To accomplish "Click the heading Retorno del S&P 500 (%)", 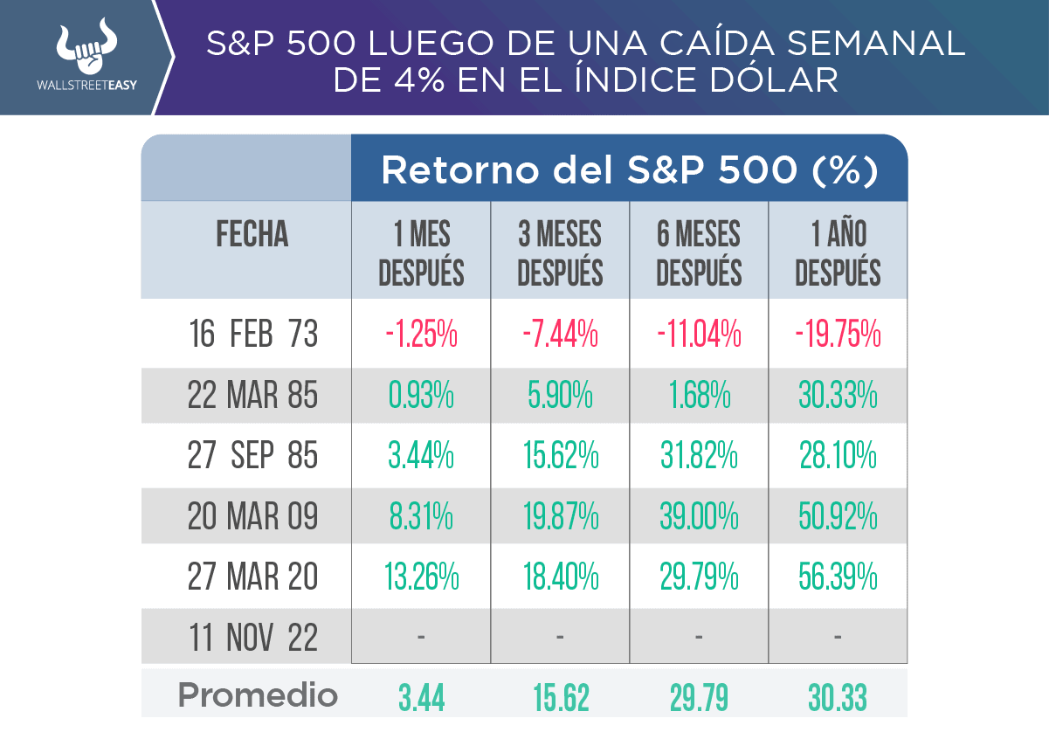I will pos(629,171).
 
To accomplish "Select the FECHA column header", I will pos(252,234).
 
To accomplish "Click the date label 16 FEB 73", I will pos(253,335).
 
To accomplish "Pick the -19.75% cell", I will pos(838,335).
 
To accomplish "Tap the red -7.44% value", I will pos(560,335).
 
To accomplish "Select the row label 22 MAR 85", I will pos(253,396).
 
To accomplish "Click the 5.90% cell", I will pos(560,396).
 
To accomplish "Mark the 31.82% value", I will pos(699,456).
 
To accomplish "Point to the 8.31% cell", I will pos(421,517).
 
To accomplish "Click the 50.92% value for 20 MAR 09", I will pos(838,517).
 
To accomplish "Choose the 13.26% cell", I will pos(421,577).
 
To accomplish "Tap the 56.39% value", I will pos(838,577).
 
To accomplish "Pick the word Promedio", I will pos(258,695).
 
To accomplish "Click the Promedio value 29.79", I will pos(699,697).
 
